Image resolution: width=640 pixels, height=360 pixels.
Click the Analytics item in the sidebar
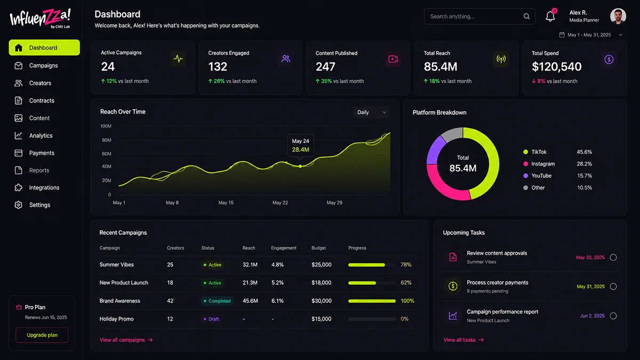click(34, 135)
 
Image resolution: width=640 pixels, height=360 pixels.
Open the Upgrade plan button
click(42, 335)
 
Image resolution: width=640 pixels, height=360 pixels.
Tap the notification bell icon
click(550, 17)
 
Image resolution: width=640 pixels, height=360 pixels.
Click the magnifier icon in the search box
click(526, 17)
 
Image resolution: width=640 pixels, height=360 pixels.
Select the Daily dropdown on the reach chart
click(371, 113)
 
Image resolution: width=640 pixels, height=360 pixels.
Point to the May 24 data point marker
click(300, 166)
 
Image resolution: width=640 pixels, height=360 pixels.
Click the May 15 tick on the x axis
click(226, 203)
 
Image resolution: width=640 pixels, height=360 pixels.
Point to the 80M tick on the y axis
click(107, 140)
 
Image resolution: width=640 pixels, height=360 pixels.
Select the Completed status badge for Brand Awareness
click(217, 301)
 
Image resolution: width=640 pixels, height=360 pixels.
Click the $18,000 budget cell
click(322, 283)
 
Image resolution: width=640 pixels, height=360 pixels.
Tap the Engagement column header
click(283, 247)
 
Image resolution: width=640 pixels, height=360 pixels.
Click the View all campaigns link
click(126, 340)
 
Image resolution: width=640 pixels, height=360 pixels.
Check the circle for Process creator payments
click(613, 286)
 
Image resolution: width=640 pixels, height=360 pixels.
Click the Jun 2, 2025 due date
click(593, 316)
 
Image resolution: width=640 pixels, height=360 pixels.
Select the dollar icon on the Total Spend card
click(609, 59)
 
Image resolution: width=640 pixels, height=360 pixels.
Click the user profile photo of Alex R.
click(618, 16)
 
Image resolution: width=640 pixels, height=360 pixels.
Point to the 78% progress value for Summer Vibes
click(406, 265)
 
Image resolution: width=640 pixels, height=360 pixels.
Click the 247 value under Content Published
click(325, 67)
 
